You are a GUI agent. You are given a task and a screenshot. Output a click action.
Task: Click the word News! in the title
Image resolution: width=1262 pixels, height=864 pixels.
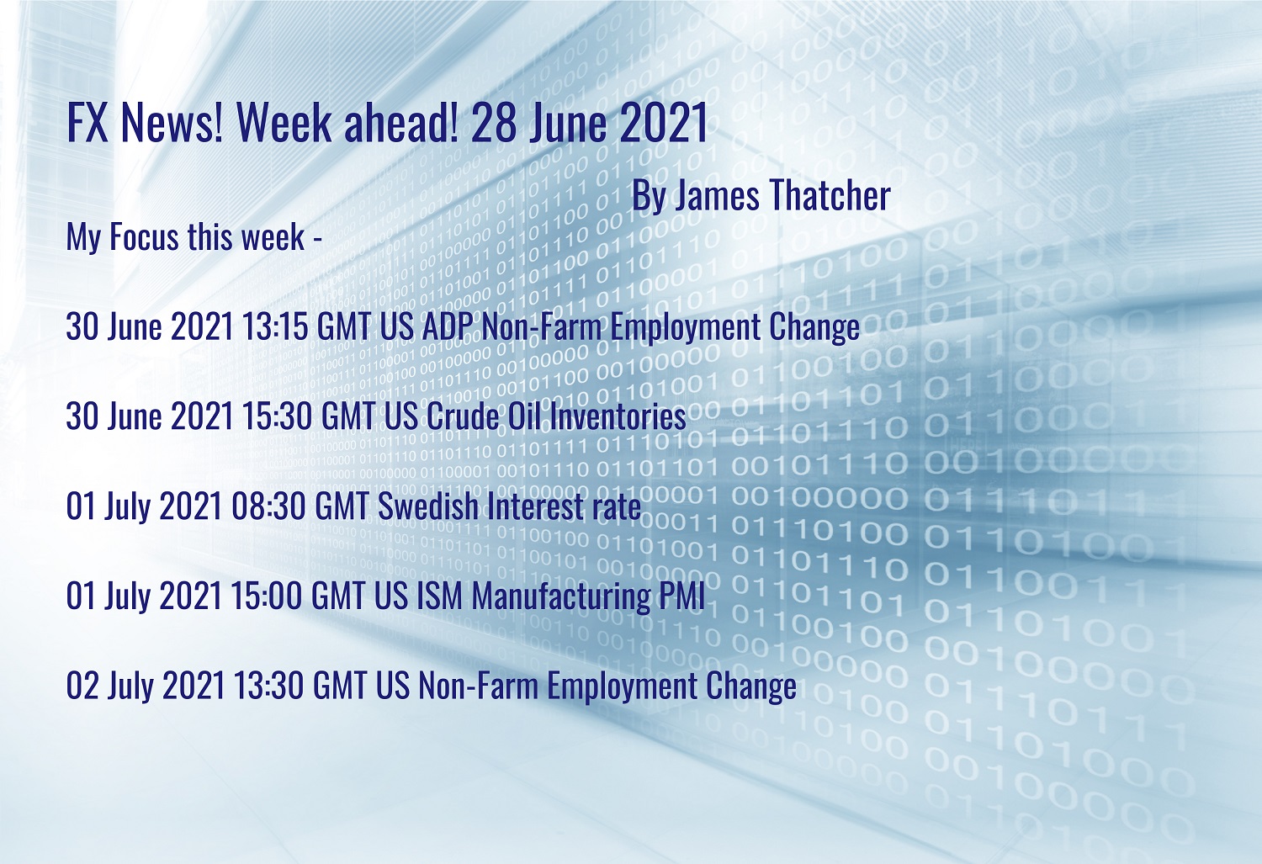click(172, 122)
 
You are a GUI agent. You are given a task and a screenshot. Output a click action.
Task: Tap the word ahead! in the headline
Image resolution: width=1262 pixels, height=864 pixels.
click(401, 122)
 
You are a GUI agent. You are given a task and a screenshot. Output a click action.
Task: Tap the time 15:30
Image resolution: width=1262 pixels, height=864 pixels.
click(277, 416)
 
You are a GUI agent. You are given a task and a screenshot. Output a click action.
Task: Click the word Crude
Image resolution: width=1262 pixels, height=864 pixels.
click(462, 416)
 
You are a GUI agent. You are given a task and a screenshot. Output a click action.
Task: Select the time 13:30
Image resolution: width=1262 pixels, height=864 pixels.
click(268, 686)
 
